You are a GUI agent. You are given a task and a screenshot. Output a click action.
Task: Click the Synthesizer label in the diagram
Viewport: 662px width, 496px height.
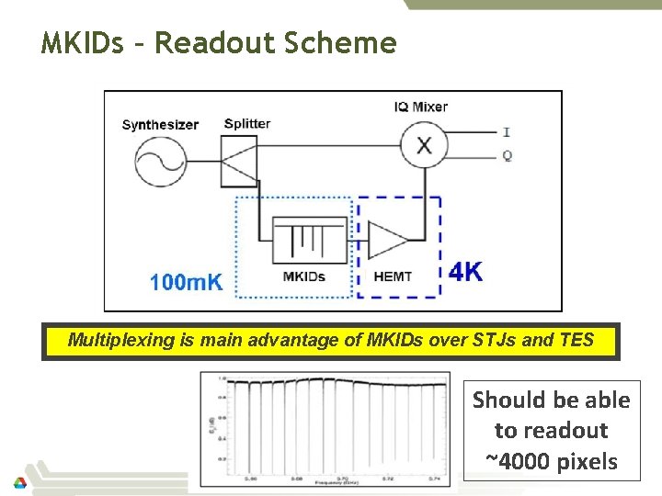coord(160,125)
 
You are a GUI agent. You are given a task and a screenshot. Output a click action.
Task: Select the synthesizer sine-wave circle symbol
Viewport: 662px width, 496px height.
coord(161,163)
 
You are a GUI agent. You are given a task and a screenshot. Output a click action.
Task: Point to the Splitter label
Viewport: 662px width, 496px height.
coord(247,124)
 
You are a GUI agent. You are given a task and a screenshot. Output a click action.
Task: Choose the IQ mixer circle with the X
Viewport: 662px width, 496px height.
coord(424,144)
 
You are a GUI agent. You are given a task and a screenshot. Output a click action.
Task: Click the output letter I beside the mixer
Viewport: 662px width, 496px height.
coord(508,130)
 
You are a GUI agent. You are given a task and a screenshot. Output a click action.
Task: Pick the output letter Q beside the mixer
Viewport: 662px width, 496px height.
coord(508,155)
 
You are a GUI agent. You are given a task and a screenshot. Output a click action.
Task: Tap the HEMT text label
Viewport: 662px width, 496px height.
coord(393,276)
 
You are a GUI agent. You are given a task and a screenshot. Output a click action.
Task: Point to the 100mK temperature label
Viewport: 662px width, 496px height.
coord(187,282)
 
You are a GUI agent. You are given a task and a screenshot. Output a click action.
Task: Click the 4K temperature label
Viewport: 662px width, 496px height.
coord(466,272)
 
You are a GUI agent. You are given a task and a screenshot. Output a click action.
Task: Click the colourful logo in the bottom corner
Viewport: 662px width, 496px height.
coord(19,482)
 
